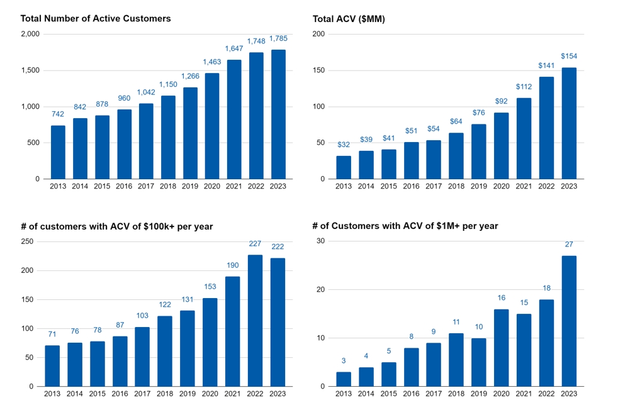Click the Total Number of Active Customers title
click(96, 19)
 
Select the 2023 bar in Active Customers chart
click(278, 114)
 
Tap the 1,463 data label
click(212, 62)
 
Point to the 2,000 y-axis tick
click(30, 34)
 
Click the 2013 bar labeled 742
click(58, 152)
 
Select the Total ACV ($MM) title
click(349, 19)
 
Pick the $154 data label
click(569, 57)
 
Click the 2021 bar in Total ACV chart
click(524, 138)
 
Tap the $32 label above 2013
click(344, 145)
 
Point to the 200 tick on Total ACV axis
click(318, 34)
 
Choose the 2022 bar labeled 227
click(255, 321)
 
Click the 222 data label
click(278, 247)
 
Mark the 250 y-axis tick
click(28, 241)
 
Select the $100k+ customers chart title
click(116, 226)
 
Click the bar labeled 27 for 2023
click(569, 321)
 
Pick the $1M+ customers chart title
click(405, 226)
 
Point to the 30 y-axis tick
click(320, 241)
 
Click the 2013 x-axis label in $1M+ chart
click(344, 394)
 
